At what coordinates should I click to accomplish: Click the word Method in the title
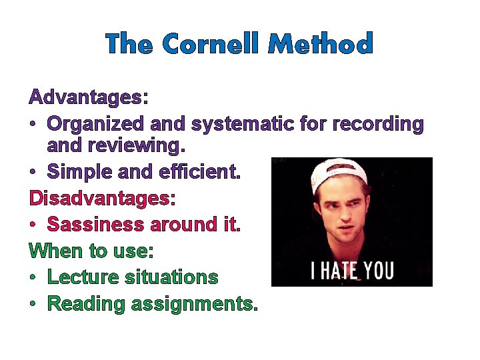tap(320, 44)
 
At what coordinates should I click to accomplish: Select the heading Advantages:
tap(88, 98)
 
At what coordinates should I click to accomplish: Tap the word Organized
tap(96, 124)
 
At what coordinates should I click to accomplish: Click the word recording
tap(377, 124)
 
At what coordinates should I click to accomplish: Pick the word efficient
tap(199, 171)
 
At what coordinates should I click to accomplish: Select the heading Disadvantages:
tap(102, 198)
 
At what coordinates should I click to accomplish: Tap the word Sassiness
tap(95, 225)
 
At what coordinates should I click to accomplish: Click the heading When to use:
tap(91, 251)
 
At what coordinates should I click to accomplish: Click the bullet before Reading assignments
tap(33, 305)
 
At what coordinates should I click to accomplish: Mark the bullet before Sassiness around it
tap(33, 225)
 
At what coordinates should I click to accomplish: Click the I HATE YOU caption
tap(353, 271)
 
